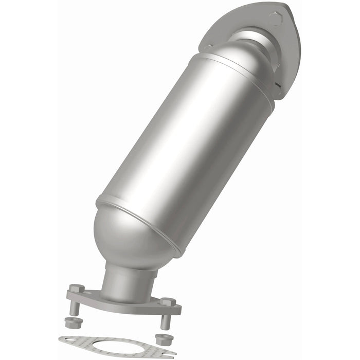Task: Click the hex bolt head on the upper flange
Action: click(x=276, y=19)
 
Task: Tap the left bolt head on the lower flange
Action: click(x=76, y=289)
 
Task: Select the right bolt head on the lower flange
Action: click(x=167, y=301)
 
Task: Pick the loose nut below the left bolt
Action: click(x=70, y=322)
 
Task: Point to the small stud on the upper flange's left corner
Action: click(x=208, y=47)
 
